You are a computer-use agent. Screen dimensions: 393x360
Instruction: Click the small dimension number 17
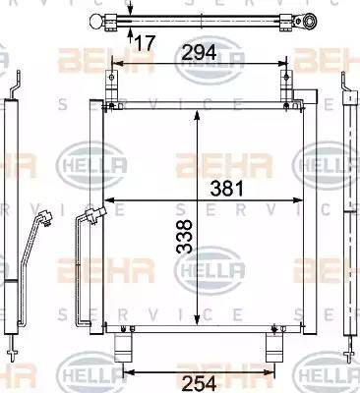(x=144, y=42)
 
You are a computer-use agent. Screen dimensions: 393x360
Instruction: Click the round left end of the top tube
(x=95, y=21)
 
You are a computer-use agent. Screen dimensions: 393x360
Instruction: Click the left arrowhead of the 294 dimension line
(x=114, y=67)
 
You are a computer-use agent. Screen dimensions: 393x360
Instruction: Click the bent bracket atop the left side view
(x=11, y=87)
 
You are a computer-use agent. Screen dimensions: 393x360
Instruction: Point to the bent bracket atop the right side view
(x=348, y=87)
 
